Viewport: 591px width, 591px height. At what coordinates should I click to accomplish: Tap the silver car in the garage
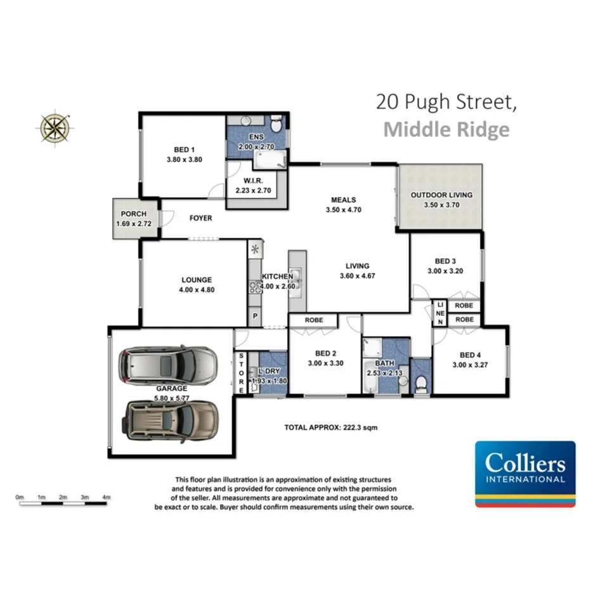[x=167, y=365]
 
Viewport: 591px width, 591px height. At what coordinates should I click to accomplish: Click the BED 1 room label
[x=184, y=149]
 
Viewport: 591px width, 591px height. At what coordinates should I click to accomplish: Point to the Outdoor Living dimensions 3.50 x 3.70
[x=441, y=205]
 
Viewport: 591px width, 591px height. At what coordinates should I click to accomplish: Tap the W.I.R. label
[x=253, y=180]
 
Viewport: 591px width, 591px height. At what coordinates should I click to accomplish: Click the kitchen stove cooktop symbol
[x=255, y=287]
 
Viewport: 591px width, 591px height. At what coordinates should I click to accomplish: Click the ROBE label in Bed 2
[x=314, y=320]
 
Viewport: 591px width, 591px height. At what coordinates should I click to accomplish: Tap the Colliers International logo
[x=525, y=473]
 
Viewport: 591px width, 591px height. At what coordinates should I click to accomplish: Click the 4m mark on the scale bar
[x=106, y=497]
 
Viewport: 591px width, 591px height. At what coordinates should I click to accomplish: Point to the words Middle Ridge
[x=446, y=129]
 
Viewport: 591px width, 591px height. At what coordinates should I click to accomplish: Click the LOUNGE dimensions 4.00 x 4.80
[x=196, y=290]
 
